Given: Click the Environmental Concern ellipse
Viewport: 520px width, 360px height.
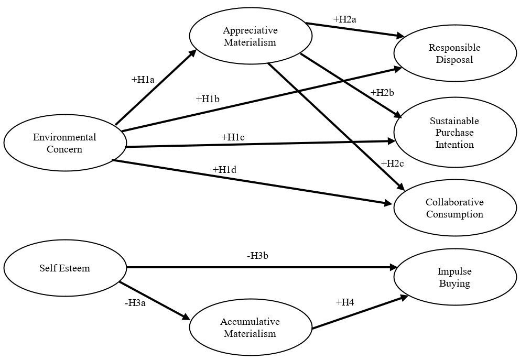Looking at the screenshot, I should coord(64,143).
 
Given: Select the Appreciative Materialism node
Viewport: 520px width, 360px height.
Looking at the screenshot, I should coord(250,36).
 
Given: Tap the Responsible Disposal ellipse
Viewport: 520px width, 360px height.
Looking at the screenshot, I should coord(454,53).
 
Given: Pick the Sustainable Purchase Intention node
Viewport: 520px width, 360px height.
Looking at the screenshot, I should coord(454,133).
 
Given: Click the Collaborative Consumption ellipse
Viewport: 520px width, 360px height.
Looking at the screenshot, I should coord(454,208).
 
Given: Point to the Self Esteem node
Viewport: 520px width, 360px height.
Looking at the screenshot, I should coord(64,268).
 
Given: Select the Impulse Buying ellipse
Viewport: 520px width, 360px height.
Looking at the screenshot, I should coord(454,277).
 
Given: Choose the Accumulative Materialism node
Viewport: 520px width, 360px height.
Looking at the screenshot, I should coord(250,328).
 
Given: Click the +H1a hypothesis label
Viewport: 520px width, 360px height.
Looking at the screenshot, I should coord(143,80).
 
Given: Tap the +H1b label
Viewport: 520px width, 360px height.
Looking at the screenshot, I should coord(208,99).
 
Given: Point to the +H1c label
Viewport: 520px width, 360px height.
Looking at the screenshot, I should coord(233,137).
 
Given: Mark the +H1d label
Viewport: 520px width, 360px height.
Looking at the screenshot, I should coord(224,169).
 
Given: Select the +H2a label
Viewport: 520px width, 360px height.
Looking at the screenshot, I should coord(345,19).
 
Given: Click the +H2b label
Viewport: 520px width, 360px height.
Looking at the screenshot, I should coord(382,93).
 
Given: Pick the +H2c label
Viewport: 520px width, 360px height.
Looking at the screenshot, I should coord(392,163).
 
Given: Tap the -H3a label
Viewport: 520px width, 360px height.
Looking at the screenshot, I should coord(135,302).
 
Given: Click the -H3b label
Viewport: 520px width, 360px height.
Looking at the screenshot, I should coord(258,256).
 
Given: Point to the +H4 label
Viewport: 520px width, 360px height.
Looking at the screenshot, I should coord(345,302).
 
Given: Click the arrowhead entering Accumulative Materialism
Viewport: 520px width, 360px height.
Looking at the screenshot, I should coord(186,317).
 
